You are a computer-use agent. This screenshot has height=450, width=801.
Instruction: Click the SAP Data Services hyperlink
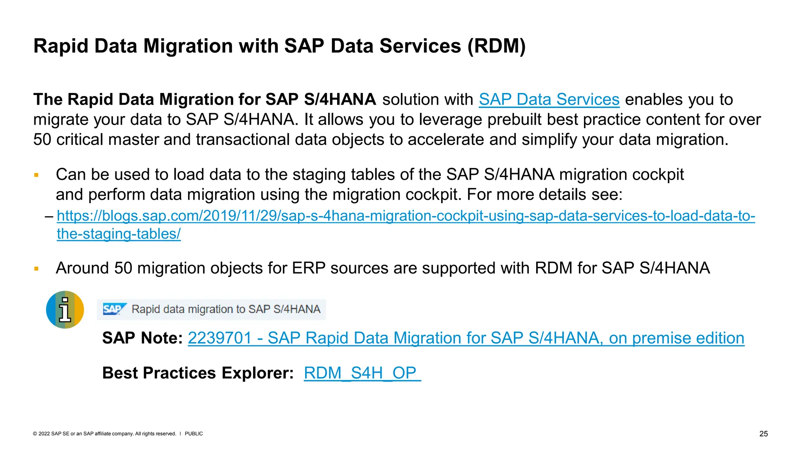[x=549, y=100]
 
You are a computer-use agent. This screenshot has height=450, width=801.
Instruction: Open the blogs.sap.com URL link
[x=406, y=216]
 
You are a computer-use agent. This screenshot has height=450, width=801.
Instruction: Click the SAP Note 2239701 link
[x=466, y=338]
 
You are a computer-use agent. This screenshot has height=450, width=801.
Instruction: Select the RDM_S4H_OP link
[x=362, y=373]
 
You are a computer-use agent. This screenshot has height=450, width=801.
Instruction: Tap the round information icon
[x=65, y=310]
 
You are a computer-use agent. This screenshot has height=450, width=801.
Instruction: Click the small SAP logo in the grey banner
[x=114, y=309]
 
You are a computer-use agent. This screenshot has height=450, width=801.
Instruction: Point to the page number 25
[x=763, y=434]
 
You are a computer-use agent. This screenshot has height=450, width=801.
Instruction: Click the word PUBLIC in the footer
[x=194, y=434]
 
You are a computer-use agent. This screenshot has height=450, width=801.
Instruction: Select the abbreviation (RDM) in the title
[x=496, y=46]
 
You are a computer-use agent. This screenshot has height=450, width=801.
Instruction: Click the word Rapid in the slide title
[x=61, y=46]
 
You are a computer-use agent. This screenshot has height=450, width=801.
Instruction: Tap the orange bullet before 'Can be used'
[x=36, y=175]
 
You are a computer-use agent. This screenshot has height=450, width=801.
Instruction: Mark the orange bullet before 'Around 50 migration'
[x=36, y=269]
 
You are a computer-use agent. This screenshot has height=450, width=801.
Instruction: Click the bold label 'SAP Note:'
[x=142, y=338]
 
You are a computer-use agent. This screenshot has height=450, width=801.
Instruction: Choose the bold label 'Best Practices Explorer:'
[x=198, y=373]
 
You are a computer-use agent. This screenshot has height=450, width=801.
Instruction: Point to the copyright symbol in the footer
[x=35, y=434]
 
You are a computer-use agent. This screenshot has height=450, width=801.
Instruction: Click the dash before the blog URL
[x=49, y=216]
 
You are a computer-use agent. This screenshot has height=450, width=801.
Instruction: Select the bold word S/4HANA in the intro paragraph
[x=340, y=100]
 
